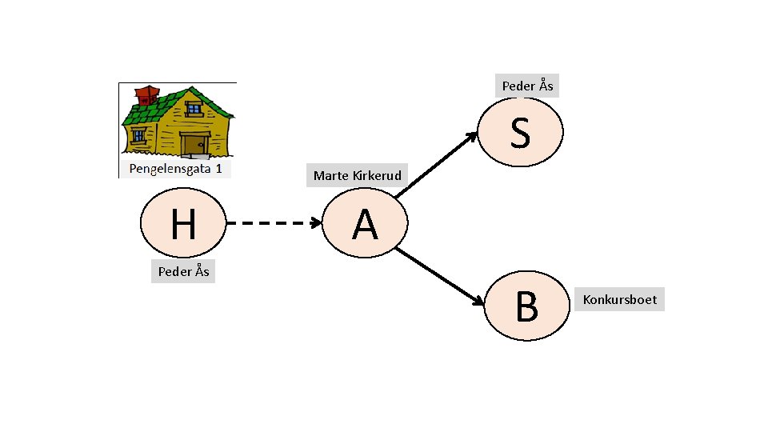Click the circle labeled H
click(x=183, y=223)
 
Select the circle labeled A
click(x=365, y=223)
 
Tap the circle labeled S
click(x=520, y=132)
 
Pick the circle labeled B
click(x=527, y=306)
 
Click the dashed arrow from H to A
click(x=274, y=223)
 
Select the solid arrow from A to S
click(x=437, y=165)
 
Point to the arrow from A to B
click(x=440, y=277)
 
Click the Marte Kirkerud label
click(x=357, y=175)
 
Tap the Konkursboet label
click(x=619, y=299)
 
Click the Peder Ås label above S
click(x=527, y=86)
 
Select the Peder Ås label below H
click(x=183, y=271)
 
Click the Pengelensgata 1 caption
click(x=175, y=169)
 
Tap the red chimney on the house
click(x=147, y=95)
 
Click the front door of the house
click(x=195, y=145)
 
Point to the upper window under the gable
click(x=194, y=108)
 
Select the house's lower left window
click(x=138, y=134)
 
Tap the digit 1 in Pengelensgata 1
click(x=218, y=169)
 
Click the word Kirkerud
click(x=377, y=175)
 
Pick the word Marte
click(x=330, y=175)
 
